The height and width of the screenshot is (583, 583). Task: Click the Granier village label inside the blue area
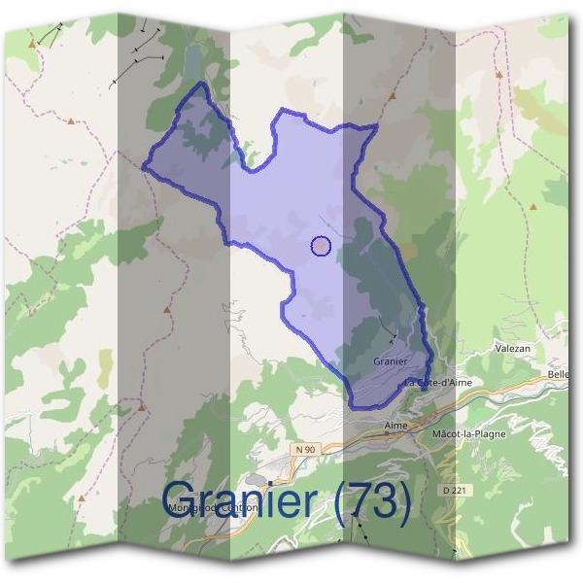tap(388, 360)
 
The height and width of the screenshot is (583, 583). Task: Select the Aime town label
tap(395, 426)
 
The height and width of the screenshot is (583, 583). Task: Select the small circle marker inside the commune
tap(321, 246)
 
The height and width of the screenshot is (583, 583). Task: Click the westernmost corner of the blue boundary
tap(143, 168)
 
